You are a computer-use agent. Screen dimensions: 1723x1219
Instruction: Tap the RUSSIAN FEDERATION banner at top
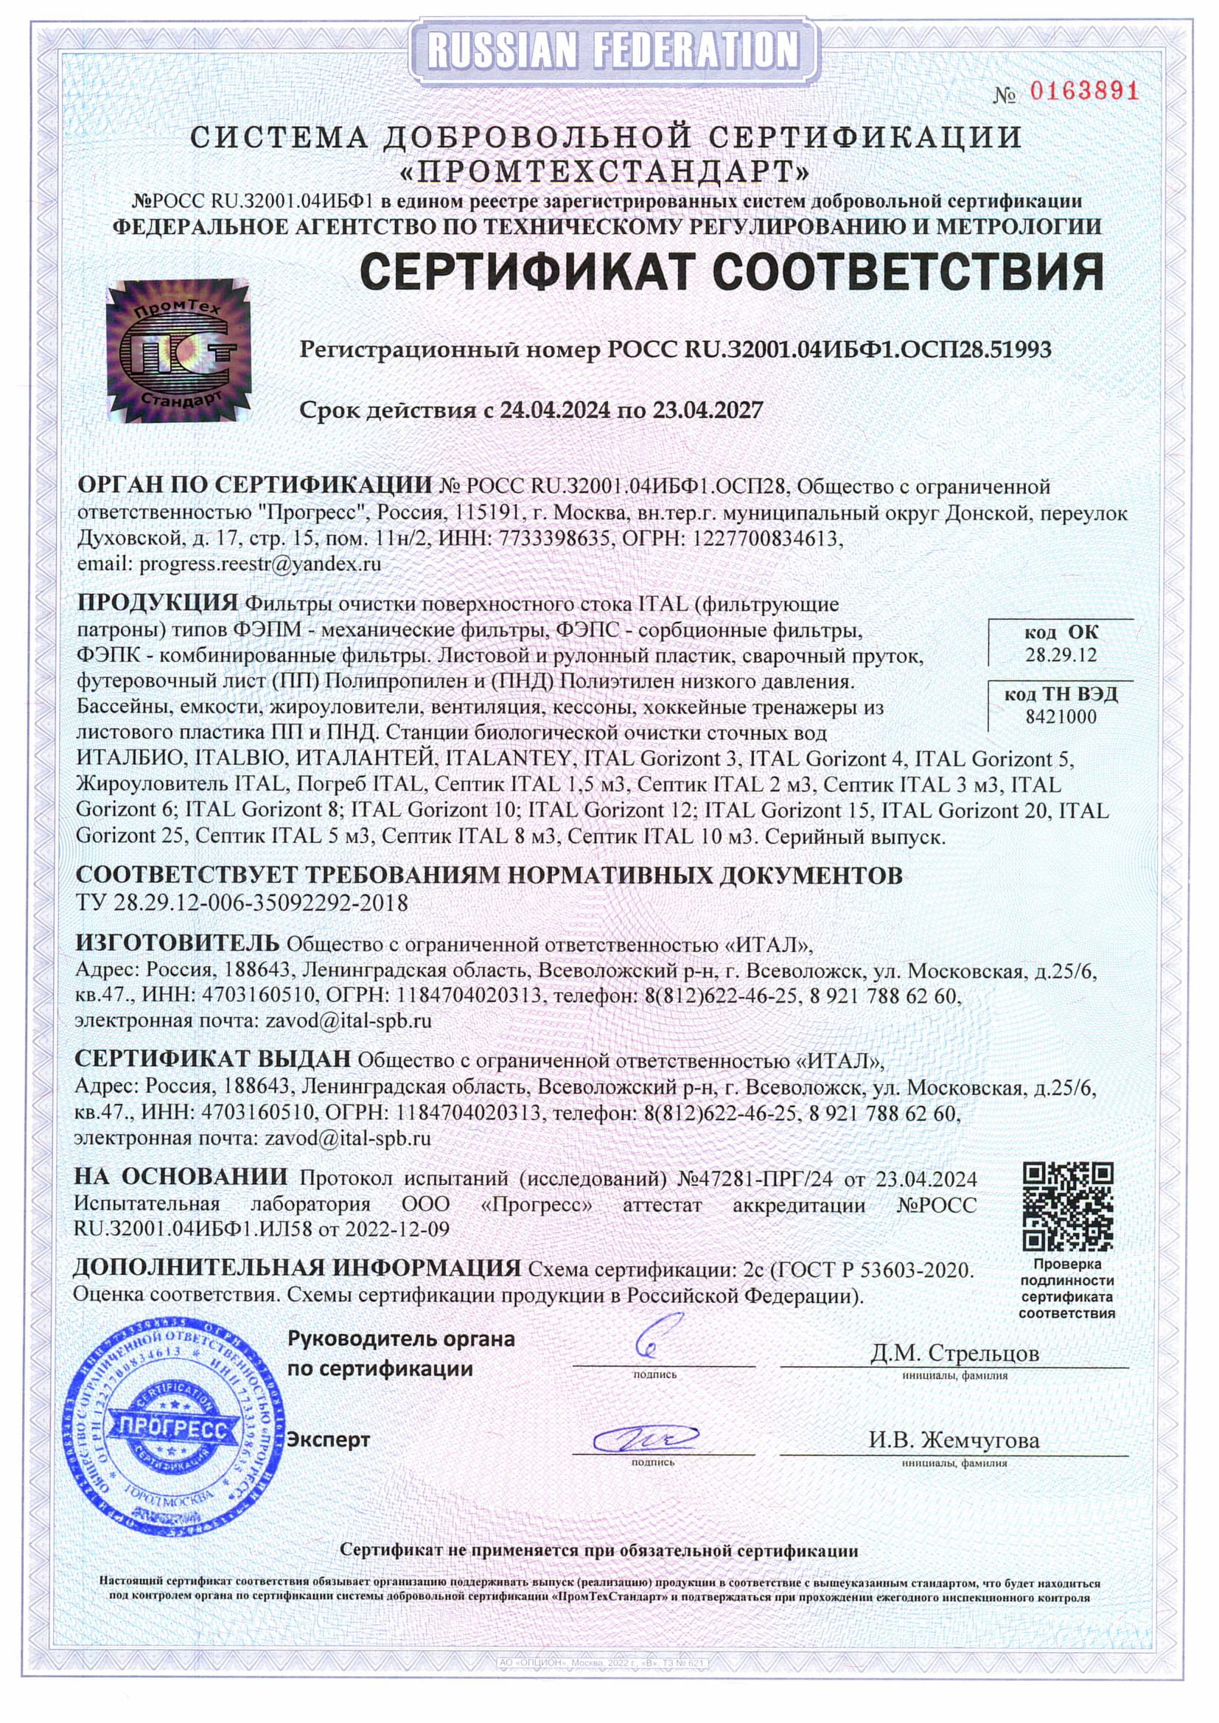[609, 49]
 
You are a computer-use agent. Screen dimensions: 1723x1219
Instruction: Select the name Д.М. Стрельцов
[954, 1353]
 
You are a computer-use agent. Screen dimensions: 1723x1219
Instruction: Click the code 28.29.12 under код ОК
[1061, 655]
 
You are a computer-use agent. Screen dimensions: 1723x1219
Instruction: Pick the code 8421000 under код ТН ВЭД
[1061, 716]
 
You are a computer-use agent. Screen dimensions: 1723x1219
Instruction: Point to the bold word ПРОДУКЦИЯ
[158, 603]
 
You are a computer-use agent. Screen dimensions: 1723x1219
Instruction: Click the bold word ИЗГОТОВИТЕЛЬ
[177, 943]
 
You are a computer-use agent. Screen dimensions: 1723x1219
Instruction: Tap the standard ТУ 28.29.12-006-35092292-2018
[242, 903]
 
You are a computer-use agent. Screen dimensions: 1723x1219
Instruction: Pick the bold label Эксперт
[329, 1440]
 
